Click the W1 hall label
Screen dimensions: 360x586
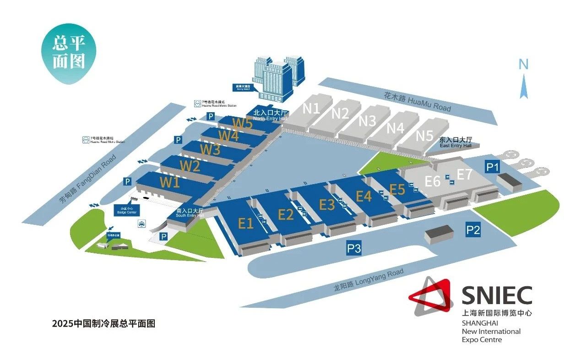coord(169,182)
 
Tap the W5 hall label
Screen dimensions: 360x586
coord(242,123)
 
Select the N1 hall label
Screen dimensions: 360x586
coord(311,109)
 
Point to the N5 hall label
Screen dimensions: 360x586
coord(424,136)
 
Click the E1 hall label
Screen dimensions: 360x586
coord(246,223)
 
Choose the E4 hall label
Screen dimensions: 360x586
coord(364,196)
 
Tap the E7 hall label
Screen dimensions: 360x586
coord(465,175)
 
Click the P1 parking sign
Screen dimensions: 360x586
coord(492,167)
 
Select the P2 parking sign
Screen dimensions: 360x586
coord(473,229)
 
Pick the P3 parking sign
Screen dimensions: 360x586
coord(354,249)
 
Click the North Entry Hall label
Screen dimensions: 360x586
coord(270,115)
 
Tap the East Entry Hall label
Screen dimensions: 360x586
coord(455,142)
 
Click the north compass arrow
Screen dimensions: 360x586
coord(524,85)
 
